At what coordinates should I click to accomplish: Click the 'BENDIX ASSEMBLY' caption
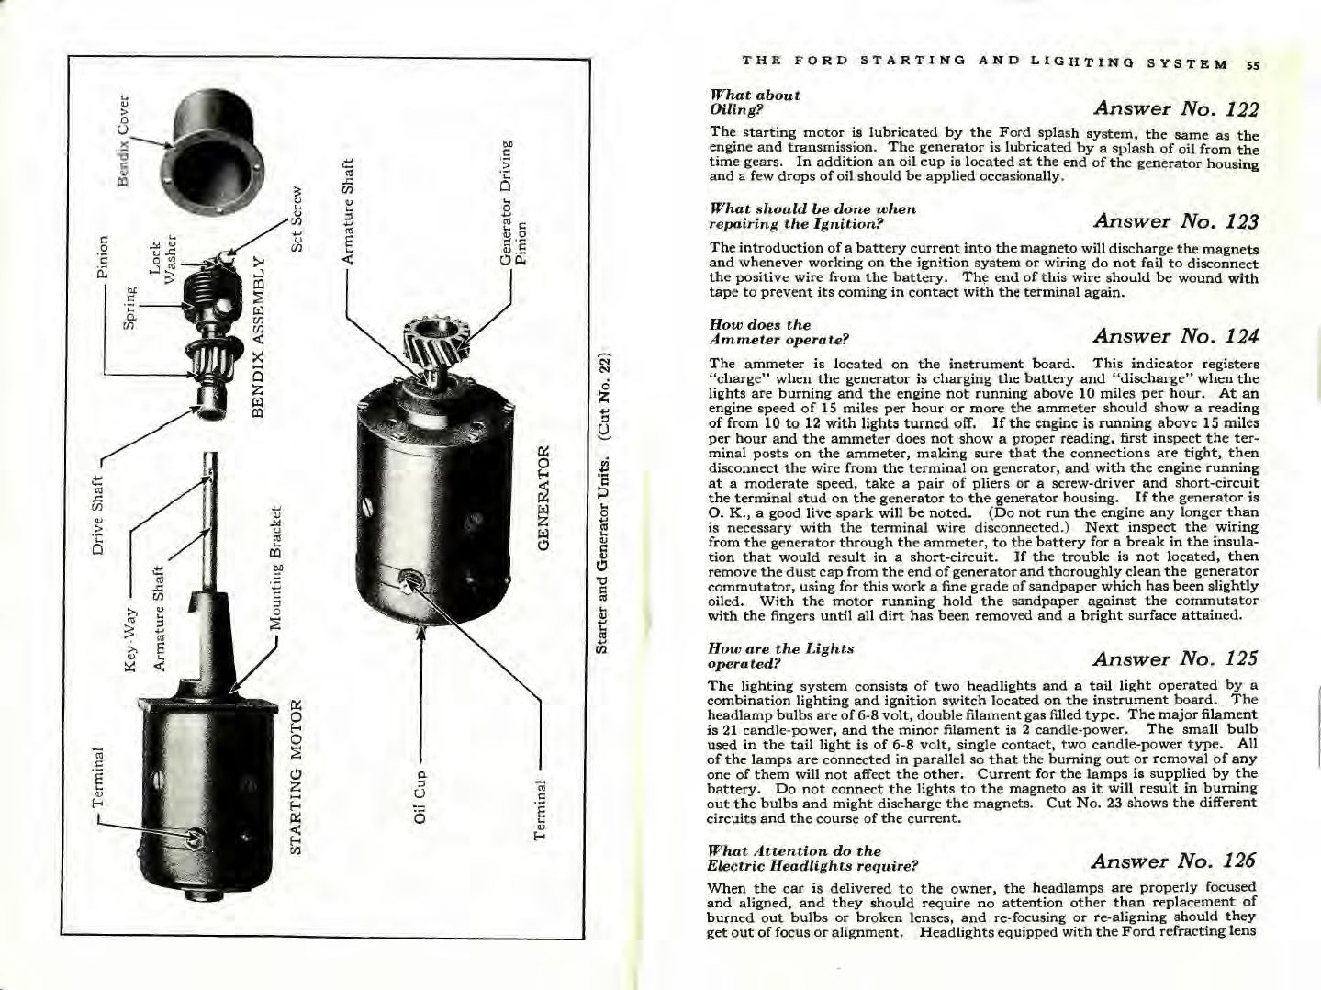(x=259, y=344)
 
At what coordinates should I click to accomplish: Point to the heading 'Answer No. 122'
(x=1176, y=108)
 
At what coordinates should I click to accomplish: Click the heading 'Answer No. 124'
(x=1176, y=336)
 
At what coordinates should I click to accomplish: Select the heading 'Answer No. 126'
(x=1174, y=861)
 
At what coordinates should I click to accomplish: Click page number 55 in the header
(x=1253, y=64)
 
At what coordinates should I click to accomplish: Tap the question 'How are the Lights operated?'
(x=781, y=655)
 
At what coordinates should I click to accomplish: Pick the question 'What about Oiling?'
(x=755, y=101)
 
